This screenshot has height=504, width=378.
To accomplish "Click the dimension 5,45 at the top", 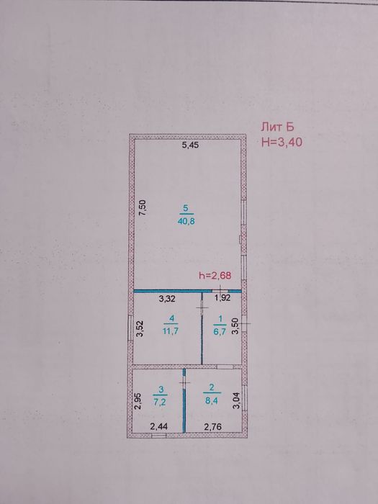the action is pos(190,145).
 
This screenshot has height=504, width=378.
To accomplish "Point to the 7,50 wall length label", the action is pos(143,207).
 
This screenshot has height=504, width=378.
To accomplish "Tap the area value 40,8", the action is pos(186,221).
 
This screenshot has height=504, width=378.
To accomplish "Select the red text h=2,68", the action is pos(215,275).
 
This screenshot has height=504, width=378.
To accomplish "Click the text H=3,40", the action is pos(282,142).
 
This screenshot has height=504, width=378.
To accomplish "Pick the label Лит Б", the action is pos(277,127).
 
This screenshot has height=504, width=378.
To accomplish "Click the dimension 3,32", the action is pos(167,299).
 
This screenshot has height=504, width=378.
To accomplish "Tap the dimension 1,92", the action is pos(222,298).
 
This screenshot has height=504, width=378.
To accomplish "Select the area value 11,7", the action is pos(171,331).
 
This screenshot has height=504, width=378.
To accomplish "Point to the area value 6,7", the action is pos(220,331).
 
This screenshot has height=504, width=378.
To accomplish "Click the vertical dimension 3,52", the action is pos(140,329).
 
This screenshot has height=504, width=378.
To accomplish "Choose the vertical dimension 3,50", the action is pos(235,326).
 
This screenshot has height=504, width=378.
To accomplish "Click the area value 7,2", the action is pos(160,402).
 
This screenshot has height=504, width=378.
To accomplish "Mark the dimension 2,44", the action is pos(159,426).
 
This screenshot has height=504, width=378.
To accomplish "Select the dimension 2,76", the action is pos(212,426).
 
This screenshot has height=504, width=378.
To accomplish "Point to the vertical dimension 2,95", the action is pos(138,401).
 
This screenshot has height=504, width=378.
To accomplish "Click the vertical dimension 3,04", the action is pos(236,401).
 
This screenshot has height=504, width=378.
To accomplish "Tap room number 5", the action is pos(186,209).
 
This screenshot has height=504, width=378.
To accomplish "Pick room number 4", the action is pos(172,318).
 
